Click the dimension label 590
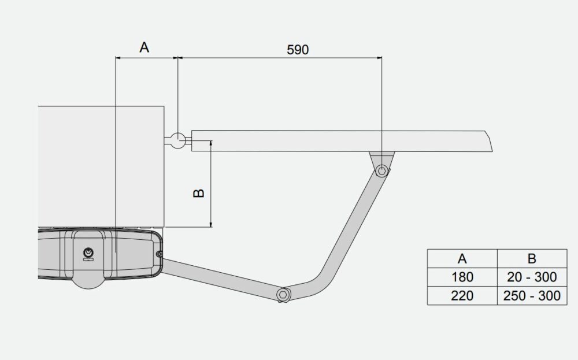tap(298, 49)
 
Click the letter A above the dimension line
tap(144, 47)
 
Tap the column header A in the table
tap(462, 258)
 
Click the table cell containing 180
tap(462, 277)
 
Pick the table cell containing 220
tap(462, 296)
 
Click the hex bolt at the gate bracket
tap(381, 170)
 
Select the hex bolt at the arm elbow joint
tap(282, 294)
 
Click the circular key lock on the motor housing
tap(88, 253)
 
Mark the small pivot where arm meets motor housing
tap(159, 253)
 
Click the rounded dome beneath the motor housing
tap(87, 280)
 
